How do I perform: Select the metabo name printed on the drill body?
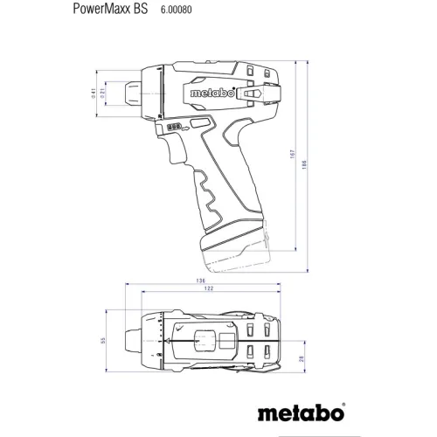pyautogui.click(x=205, y=90)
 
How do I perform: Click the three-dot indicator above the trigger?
pyautogui.click(x=172, y=126)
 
